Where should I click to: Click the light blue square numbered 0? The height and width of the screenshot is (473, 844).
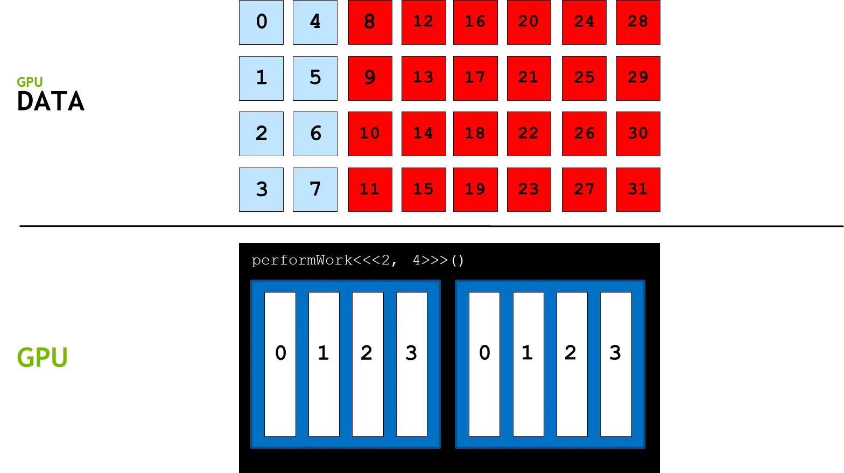(262, 22)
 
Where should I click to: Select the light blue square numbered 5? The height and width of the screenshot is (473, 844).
(315, 78)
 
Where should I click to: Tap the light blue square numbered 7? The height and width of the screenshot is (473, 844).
(315, 190)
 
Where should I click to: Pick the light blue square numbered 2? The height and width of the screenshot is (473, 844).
(262, 134)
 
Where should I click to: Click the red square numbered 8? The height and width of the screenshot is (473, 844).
(370, 22)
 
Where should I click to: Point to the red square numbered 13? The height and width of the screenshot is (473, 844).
(423, 78)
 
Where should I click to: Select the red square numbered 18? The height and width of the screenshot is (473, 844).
(475, 134)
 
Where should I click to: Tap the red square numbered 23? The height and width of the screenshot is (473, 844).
(529, 190)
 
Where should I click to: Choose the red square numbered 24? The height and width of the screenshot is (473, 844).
(584, 22)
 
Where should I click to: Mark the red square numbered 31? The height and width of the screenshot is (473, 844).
(638, 190)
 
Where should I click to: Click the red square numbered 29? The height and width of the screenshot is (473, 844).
(638, 78)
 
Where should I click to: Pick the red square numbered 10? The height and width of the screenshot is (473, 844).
(370, 134)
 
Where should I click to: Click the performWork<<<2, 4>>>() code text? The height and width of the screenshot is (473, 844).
(357, 261)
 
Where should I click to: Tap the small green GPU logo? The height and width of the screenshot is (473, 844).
(29, 82)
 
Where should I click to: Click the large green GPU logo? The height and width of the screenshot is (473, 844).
(43, 357)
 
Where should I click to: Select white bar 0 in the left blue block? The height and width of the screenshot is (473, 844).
(280, 364)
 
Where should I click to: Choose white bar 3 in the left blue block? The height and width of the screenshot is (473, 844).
(411, 364)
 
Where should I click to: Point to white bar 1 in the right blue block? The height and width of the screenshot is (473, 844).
(528, 364)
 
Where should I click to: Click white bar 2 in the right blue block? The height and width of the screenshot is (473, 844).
(572, 364)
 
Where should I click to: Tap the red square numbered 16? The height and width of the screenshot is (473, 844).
(475, 22)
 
